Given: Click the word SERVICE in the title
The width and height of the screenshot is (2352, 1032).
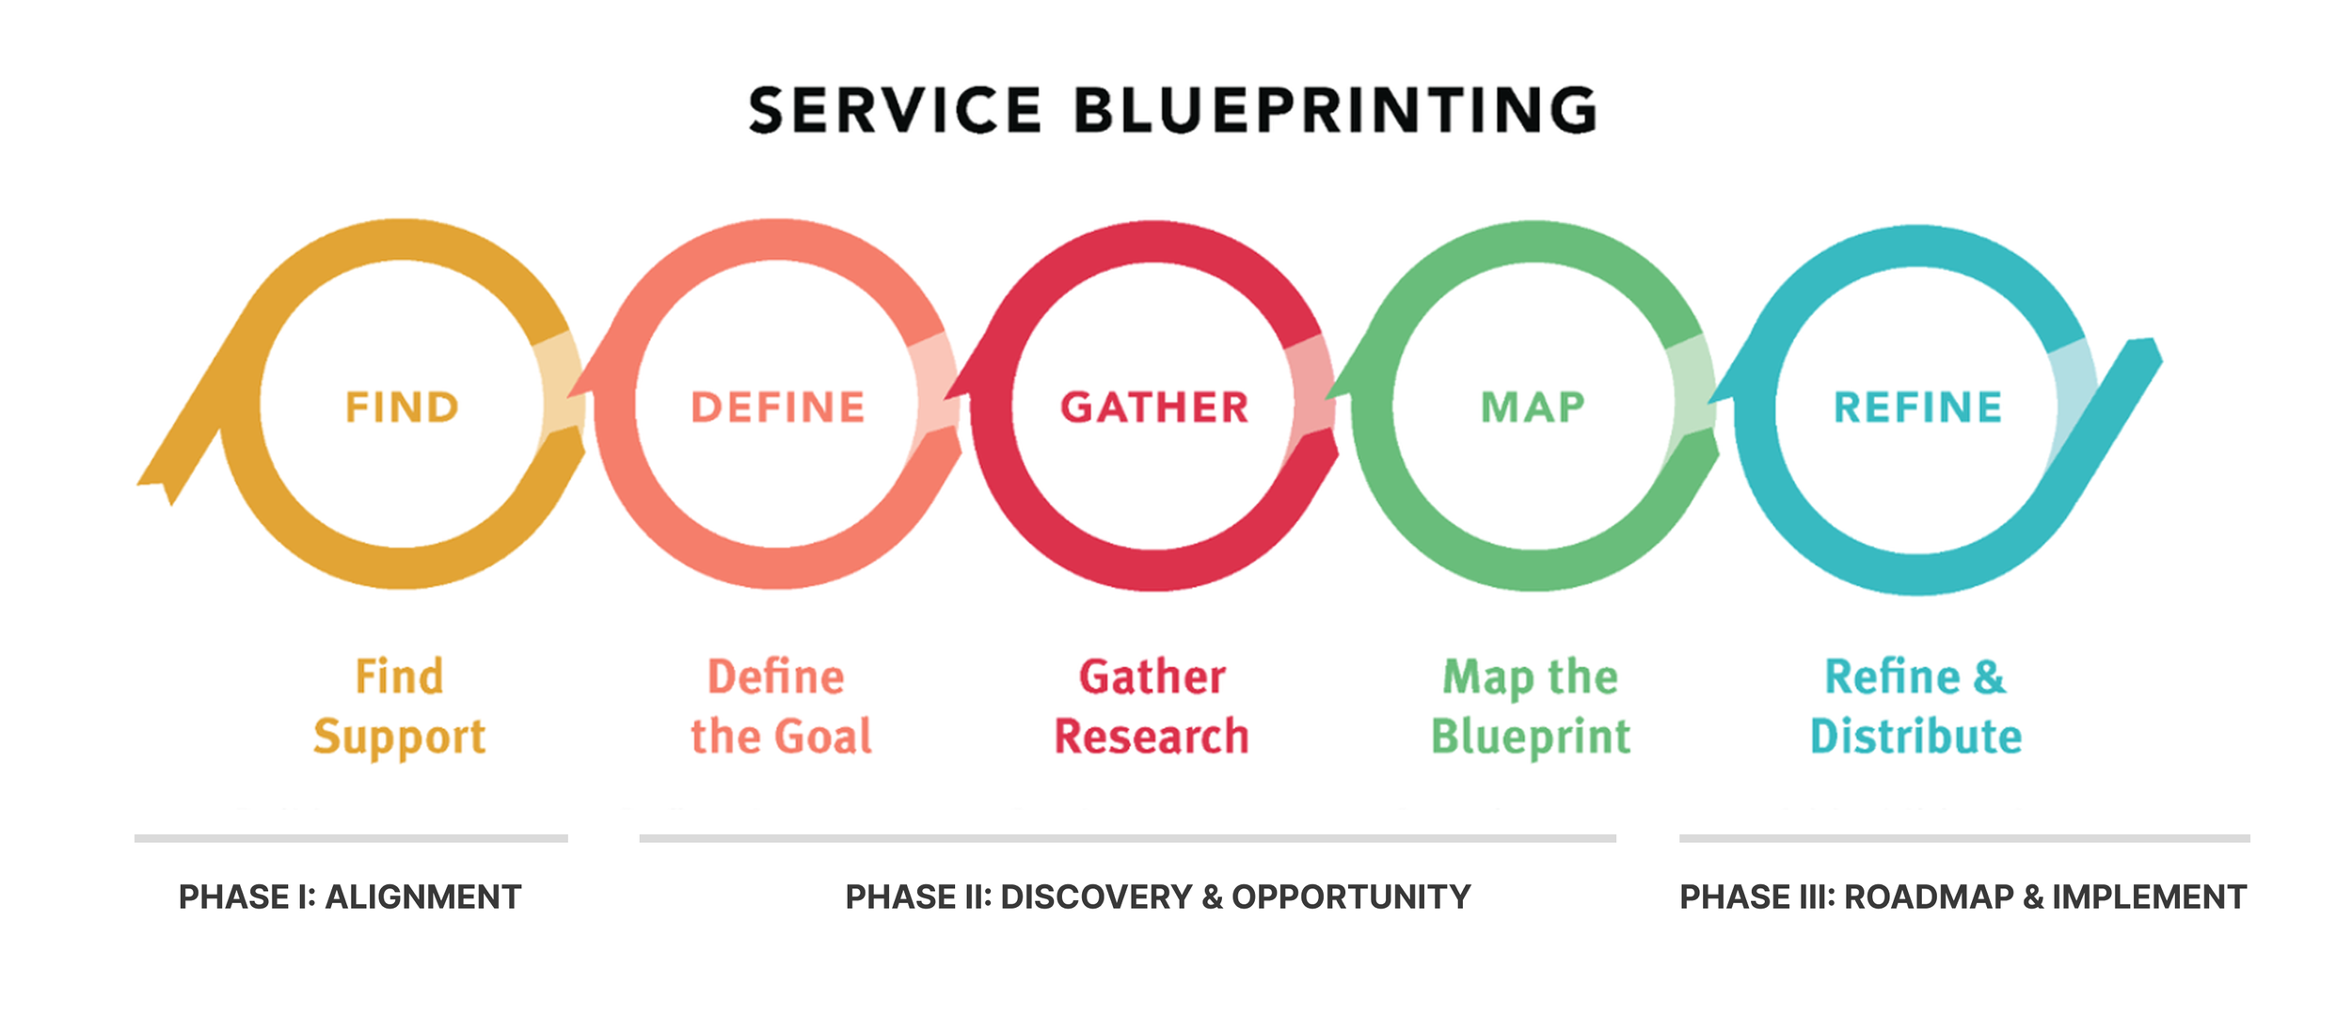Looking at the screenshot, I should (895, 111).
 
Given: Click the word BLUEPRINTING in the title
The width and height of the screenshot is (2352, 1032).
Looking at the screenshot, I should (1335, 111).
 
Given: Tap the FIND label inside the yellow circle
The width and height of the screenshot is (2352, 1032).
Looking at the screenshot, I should (402, 407).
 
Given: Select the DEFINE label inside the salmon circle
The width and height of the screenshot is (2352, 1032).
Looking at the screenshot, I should (778, 407).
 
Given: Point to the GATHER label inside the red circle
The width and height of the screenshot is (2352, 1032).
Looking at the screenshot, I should (1154, 407).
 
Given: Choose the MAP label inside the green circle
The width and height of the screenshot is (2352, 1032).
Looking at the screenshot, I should (1533, 407).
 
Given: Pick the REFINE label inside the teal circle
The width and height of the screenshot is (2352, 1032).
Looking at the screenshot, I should (1917, 407).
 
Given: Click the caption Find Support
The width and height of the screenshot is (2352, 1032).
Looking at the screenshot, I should (400, 707).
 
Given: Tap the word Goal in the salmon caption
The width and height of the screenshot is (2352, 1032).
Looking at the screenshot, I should (823, 737).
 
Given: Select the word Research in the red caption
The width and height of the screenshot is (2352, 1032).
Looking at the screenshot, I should (1152, 737).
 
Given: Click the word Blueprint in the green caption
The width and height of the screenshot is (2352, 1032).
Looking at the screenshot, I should (1531, 738).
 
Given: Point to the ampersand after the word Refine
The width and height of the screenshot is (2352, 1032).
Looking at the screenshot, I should (1989, 677).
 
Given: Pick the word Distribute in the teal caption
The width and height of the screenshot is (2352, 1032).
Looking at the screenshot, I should (1915, 737).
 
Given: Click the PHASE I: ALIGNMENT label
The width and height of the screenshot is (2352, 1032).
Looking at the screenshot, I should (350, 897).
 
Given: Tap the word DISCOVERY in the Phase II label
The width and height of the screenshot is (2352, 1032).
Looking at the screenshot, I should (1096, 897).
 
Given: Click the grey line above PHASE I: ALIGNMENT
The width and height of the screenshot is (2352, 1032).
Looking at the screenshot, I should (351, 837).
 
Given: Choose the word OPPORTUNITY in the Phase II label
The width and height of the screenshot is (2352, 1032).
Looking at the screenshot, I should (1351, 897).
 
